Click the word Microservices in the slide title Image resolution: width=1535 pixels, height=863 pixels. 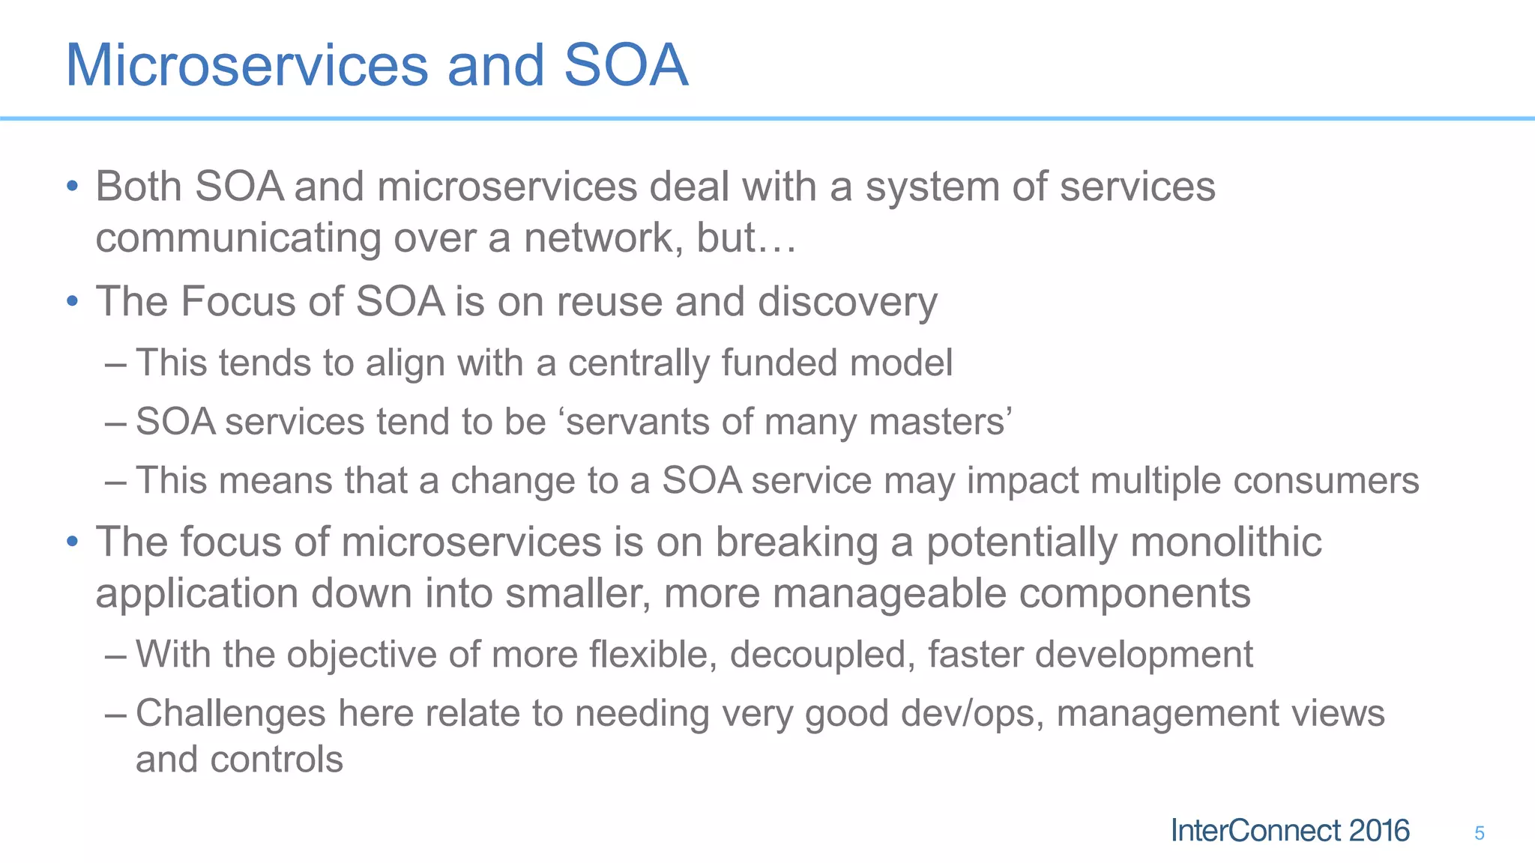247,65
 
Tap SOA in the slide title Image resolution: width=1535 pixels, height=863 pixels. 625,65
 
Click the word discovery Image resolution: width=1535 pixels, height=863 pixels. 847,302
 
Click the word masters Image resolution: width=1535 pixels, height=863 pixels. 937,422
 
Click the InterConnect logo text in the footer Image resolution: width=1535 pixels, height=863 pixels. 1289,831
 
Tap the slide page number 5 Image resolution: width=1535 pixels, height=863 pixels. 1479,833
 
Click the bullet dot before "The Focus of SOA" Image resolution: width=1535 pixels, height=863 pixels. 72,302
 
